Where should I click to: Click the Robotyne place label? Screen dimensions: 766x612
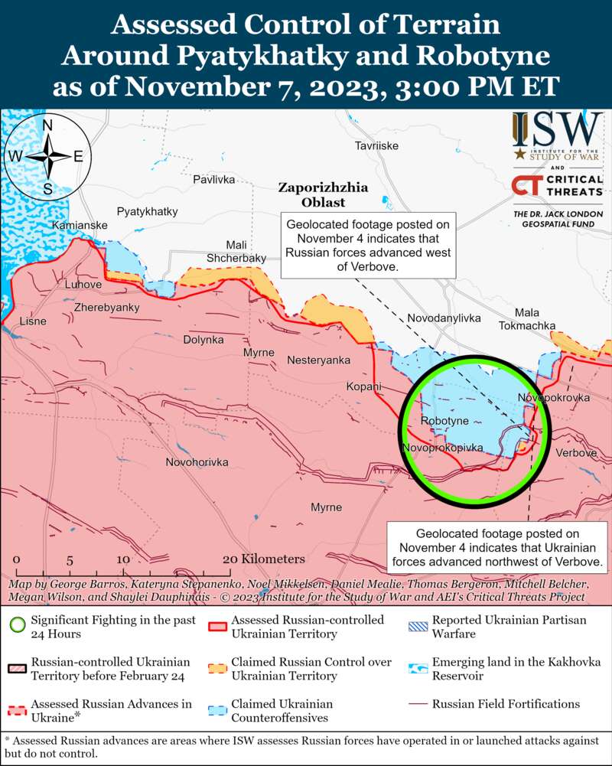[444, 422]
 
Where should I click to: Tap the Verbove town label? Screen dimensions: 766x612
[575, 453]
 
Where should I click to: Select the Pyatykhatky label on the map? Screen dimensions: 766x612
[147, 211]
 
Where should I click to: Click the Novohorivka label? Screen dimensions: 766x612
[197, 462]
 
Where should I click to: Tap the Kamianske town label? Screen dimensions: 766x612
[80, 226]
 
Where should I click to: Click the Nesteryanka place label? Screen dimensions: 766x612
[318, 360]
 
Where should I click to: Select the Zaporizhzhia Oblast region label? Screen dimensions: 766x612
[312, 194]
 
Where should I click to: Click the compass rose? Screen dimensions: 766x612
[47, 156]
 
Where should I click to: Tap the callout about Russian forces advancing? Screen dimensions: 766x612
[368, 246]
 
